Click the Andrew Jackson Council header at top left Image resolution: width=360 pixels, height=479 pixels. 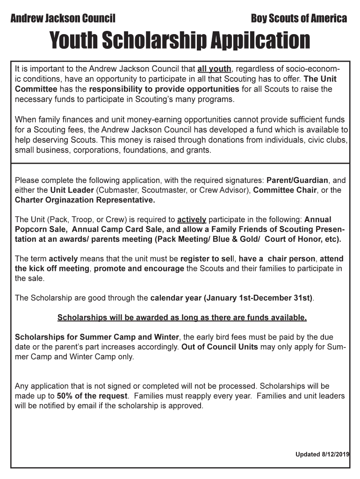[x=63, y=19]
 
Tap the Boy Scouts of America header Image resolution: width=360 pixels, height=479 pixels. [x=299, y=19]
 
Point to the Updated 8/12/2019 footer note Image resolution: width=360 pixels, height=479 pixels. [x=322, y=454]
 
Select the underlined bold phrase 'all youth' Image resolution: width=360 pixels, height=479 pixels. [x=214, y=69]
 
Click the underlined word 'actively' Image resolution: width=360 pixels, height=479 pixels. [x=192, y=219]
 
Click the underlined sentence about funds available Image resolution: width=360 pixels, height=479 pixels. [x=182, y=318]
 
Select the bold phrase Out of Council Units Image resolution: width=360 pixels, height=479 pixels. [x=219, y=347]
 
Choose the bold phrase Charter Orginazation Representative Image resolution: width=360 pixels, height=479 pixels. [x=85, y=200]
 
